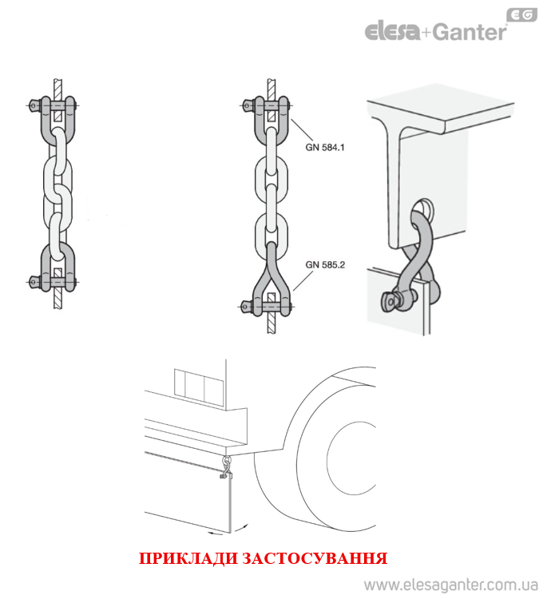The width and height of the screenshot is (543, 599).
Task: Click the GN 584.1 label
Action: [x=324, y=147]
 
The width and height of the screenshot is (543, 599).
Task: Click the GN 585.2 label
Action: [x=325, y=264]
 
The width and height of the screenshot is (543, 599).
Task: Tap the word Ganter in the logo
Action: [x=470, y=32]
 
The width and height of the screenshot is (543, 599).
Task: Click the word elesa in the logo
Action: [x=392, y=31]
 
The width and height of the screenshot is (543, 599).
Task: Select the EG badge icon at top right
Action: [x=521, y=15]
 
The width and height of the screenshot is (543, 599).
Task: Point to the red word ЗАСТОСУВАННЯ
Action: [x=315, y=558]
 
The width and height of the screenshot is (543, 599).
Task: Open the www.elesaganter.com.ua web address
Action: [x=451, y=585]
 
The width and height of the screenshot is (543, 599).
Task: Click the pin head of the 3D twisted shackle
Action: [x=390, y=301]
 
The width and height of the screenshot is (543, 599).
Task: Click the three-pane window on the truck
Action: [x=199, y=387]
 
